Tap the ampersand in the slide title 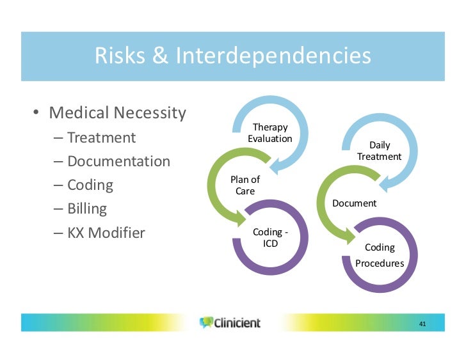160,56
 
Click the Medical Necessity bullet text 117,113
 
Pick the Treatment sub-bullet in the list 101,137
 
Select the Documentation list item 118,161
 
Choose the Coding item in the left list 90,185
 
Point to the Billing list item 87,208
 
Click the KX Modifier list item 106,232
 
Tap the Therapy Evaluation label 269,133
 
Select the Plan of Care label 245,185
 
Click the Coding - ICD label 270,237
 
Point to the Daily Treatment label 379,151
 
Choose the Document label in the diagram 355,203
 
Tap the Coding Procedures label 380,255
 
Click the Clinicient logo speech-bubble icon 205,322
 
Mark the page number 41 422,324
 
